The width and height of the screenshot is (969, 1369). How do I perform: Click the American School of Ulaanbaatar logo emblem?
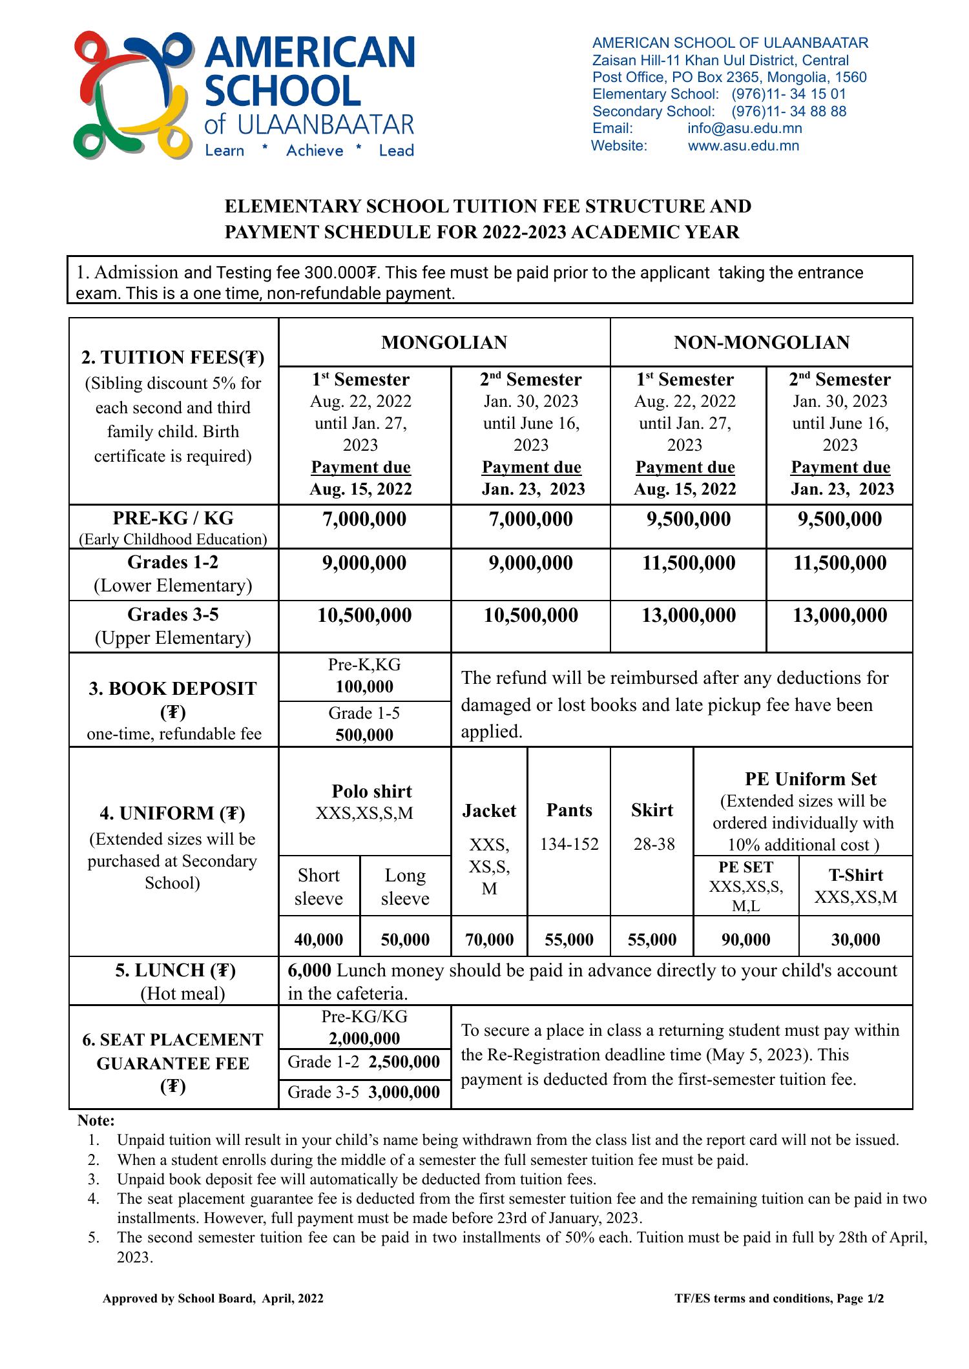(134, 96)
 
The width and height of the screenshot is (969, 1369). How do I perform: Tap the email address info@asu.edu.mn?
(744, 129)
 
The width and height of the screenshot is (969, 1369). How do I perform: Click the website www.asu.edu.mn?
(743, 146)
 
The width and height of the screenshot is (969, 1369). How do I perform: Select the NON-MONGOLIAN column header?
(761, 342)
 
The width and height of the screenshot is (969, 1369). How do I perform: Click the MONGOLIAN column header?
(444, 342)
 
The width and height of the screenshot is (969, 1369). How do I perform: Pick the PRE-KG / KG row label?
(173, 519)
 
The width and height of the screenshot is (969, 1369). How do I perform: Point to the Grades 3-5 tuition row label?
(173, 614)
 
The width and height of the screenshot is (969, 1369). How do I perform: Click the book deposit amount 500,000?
(364, 735)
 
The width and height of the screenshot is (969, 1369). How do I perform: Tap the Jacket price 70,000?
(489, 940)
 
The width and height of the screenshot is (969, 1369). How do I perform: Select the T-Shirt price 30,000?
(855, 940)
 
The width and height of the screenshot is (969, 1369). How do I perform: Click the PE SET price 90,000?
(745, 940)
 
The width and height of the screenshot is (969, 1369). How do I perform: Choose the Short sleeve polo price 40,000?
(318, 940)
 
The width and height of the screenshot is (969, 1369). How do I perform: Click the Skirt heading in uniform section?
(652, 810)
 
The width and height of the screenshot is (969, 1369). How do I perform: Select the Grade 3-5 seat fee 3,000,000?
(404, 1092)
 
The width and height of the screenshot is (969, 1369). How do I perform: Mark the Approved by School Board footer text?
(213, 1299)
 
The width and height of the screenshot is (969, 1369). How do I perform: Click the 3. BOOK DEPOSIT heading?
(173, 688)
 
